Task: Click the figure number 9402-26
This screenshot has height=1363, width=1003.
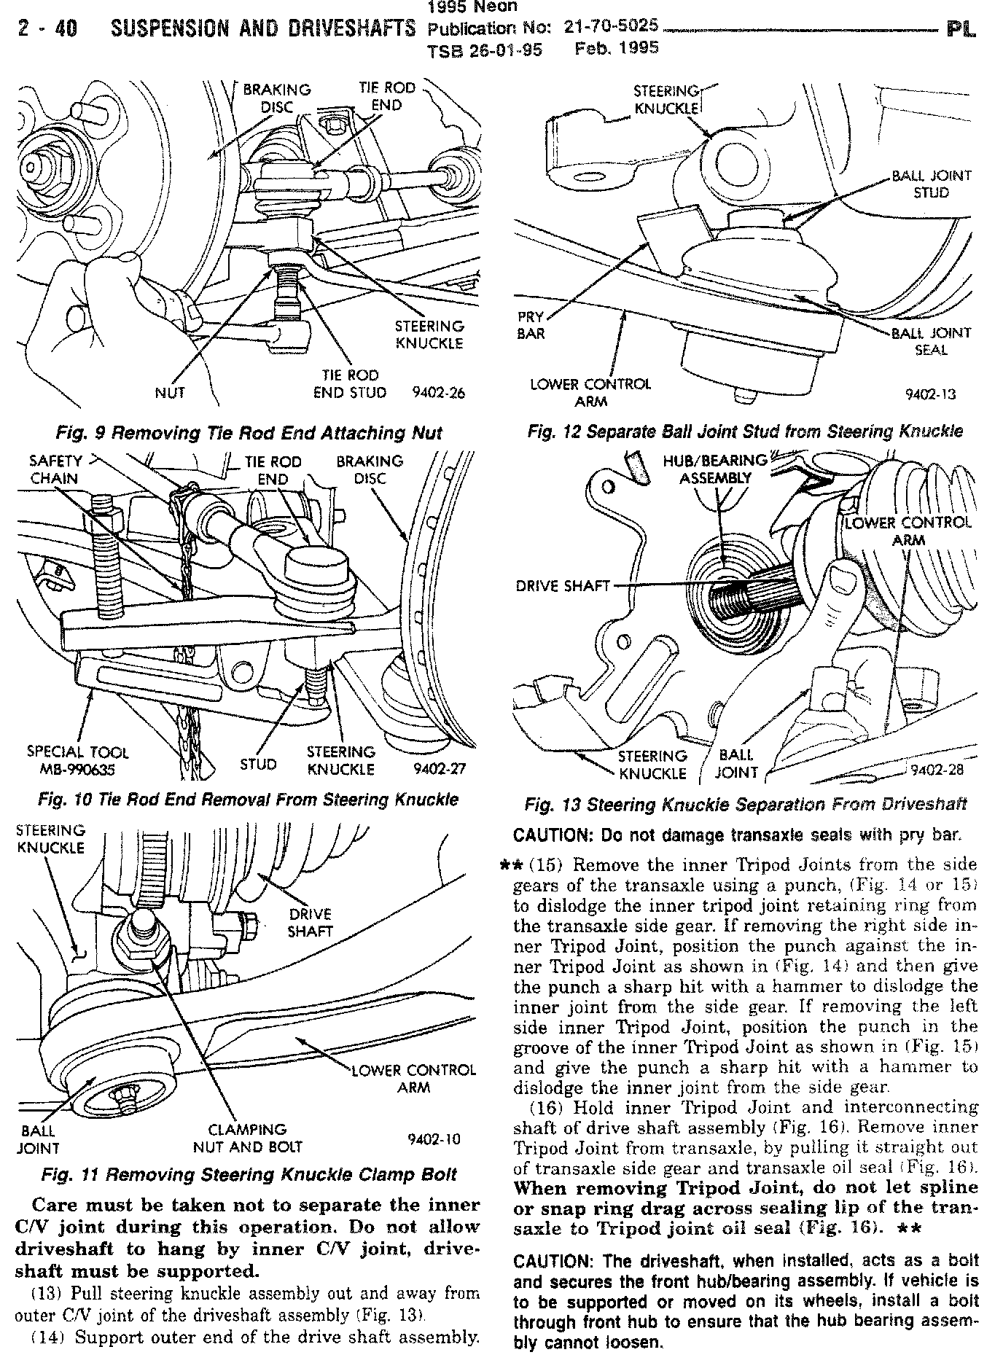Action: [438, 393]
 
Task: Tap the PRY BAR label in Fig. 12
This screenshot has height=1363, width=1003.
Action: [531, 326]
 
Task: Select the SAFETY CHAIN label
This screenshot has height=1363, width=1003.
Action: [55, 469]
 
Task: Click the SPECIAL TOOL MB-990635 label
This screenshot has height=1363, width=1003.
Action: [77, 761]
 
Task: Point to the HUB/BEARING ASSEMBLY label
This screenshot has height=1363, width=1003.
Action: [716, 469]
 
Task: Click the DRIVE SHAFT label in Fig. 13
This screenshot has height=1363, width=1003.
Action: [563, 585]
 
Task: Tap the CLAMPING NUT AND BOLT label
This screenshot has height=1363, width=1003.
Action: [248, 1139]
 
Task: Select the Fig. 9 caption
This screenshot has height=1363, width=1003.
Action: [249, 433]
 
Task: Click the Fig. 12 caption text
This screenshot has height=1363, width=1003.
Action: [745, 431]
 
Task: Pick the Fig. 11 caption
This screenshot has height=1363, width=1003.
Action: [249, 1175]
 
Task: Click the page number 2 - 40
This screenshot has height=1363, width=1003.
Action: [47, 29]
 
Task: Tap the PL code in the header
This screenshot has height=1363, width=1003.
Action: [961, 30]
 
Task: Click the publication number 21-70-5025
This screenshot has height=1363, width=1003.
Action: [611, 27]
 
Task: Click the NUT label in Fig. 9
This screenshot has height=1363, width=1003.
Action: [170, 393]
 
